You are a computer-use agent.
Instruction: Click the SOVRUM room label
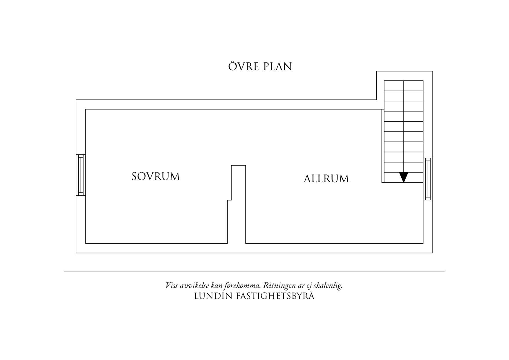pos(156,177)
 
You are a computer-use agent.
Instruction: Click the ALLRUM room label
pos(326,179)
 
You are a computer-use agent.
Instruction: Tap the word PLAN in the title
pos(277,67)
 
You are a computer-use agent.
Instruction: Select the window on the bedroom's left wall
pos(81,175)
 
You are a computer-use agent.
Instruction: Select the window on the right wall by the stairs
pos(428,179)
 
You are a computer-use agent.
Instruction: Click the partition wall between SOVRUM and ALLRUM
pos(238,203)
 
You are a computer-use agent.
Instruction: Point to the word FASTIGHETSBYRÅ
pos(276,296)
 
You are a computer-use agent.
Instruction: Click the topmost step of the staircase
pos(403,86)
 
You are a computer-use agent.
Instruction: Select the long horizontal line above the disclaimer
pos(254,271)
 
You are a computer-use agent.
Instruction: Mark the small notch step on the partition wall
pos(229,200)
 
